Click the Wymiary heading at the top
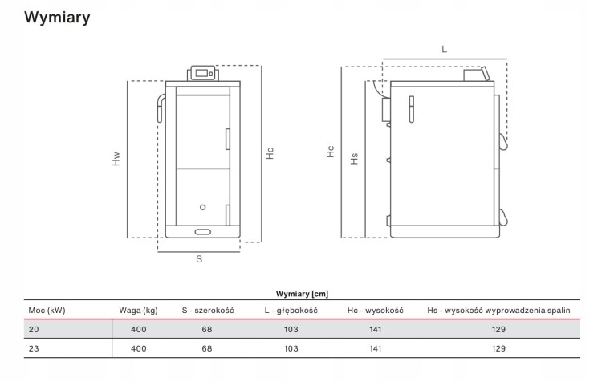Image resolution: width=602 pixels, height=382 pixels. [x=57, y=18]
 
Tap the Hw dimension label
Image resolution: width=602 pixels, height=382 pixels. [x=116, y=159]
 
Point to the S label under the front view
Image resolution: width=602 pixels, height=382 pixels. [x=199, y=259]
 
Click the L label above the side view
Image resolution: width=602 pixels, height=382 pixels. [x=444, y=49]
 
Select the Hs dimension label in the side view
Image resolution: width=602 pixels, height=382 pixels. [x=354, y=159]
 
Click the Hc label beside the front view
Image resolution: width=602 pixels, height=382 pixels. [x=270, y=153]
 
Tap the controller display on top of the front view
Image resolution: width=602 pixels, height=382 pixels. [x=202, y=73]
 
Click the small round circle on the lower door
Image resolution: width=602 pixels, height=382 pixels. [x=203, y=207]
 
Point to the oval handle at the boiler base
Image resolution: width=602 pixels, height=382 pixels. [x=203, y=232]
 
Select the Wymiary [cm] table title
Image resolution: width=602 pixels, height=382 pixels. [x=302, y=294]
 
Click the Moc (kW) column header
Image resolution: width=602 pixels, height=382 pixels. [x=47, y=311]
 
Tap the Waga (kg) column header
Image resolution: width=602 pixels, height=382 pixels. [x=138, y=311]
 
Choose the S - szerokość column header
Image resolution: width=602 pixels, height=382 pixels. [x=208, y=311]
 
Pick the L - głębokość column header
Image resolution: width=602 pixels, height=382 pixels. [x=291, y=311]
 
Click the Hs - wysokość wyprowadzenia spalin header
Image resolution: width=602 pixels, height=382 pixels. [x=498, y=311]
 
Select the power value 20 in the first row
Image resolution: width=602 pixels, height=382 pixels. [x=34, y=329]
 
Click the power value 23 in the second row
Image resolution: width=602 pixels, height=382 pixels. [x=34, y=348]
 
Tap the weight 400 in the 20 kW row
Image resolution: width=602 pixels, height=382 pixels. [x=139, y=329]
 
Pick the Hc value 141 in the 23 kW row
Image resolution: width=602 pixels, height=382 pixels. [x=375, y=348]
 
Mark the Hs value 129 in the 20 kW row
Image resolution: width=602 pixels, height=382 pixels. [x=498, y=329]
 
